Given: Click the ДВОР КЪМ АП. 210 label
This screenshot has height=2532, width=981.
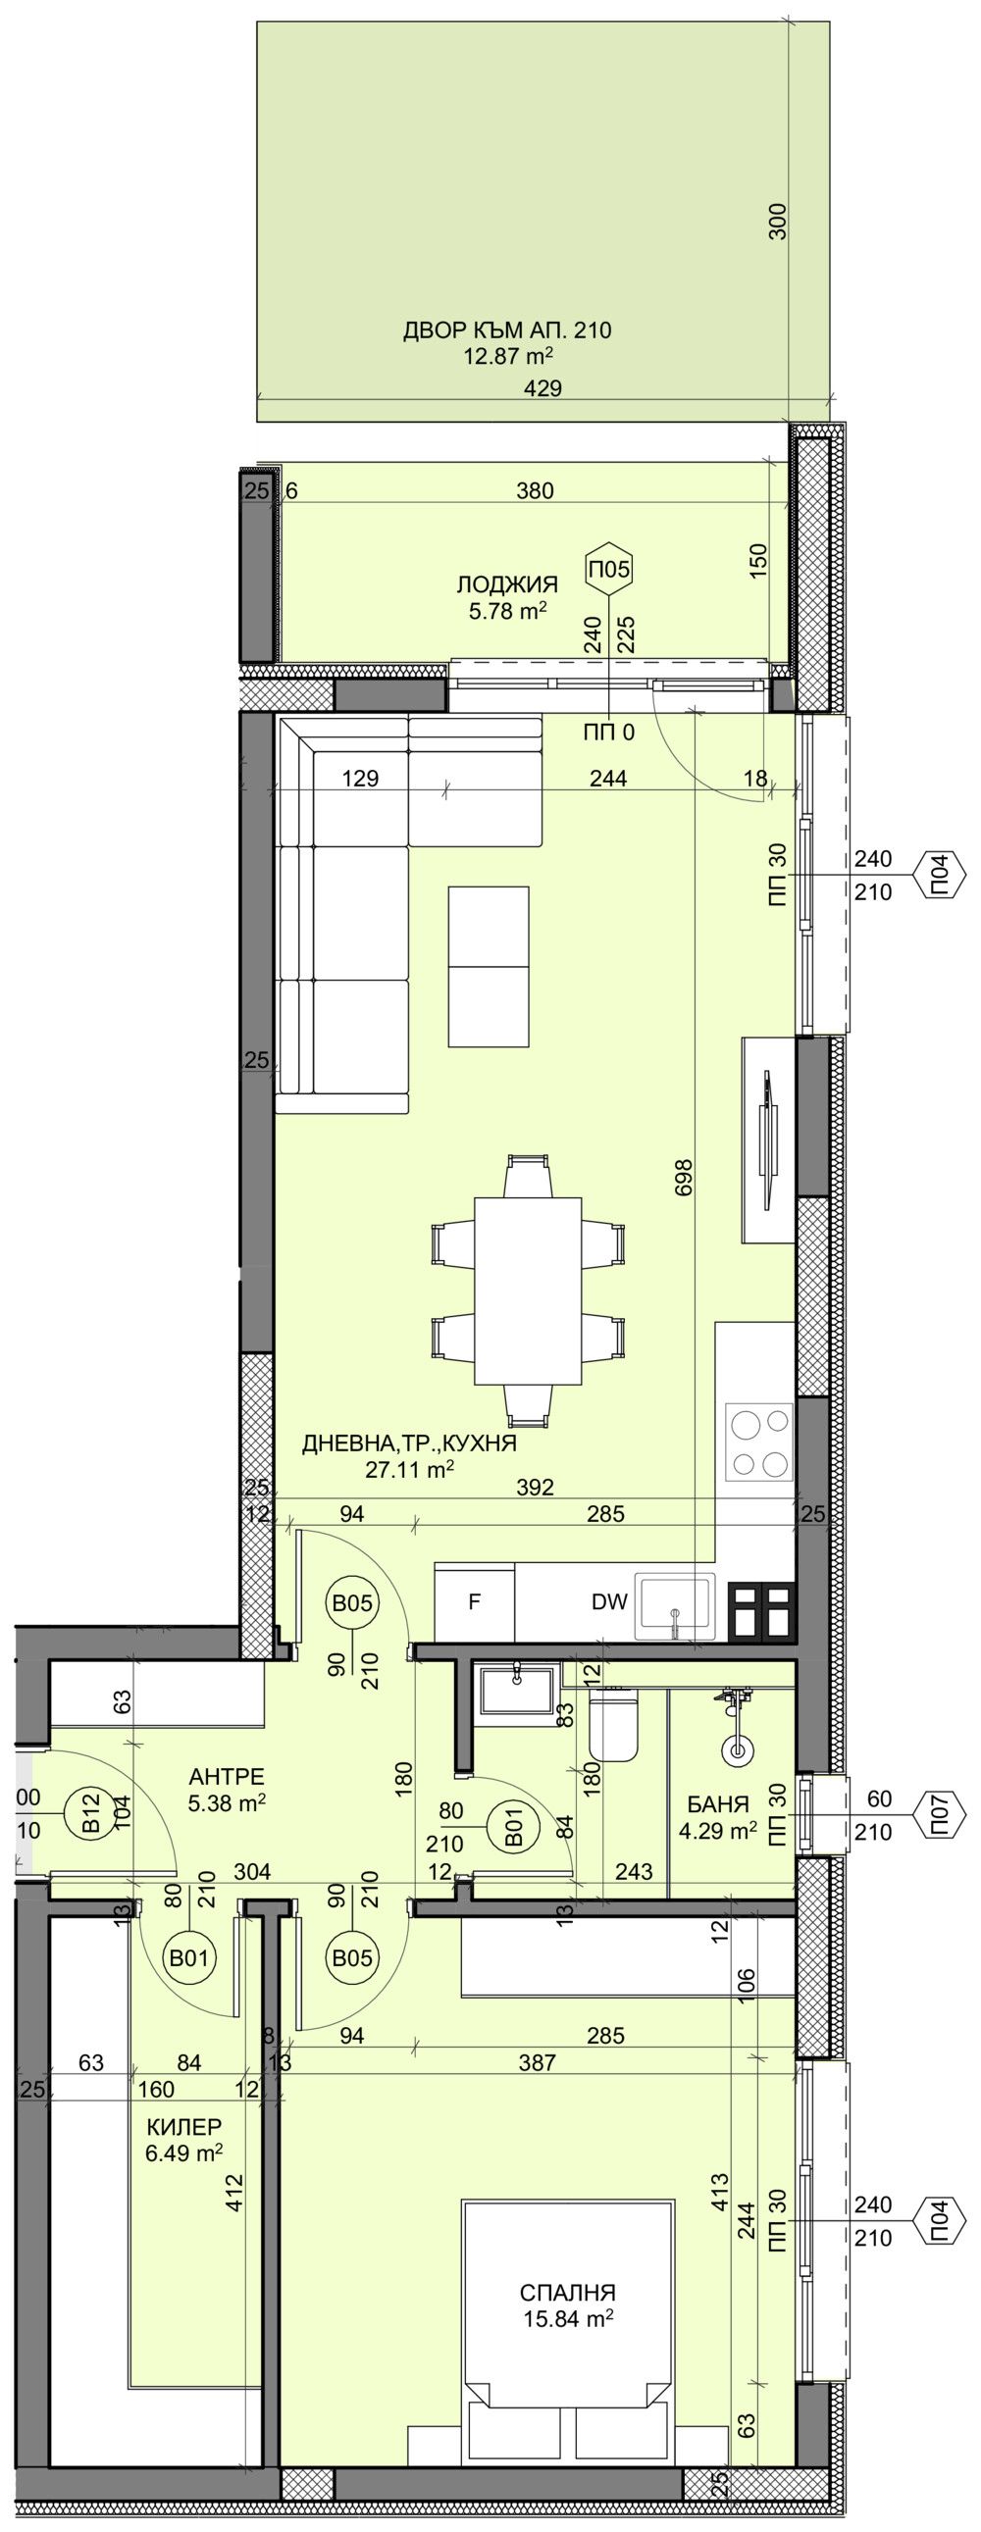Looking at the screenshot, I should pos(506,330).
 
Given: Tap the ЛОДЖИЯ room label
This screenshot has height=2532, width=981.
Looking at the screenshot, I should pos(507,585).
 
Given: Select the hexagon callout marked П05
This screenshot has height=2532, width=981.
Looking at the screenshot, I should pos(609,568).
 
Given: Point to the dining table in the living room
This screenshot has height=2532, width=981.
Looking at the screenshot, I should pos(528,1290).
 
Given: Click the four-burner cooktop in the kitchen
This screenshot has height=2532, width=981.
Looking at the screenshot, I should pos(758,1442).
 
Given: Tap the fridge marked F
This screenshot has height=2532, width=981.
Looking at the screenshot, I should pos(474,1602).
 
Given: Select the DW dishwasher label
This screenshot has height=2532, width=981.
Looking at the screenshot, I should pos(609,1602).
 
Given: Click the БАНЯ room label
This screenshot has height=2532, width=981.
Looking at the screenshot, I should pos(717,1803).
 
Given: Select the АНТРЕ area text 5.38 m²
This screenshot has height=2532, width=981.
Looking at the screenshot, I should pos(227,1803).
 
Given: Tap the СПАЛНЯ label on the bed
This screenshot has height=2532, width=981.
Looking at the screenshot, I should pos(568,2292).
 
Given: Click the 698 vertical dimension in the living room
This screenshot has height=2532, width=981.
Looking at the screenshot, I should pos(685,1178).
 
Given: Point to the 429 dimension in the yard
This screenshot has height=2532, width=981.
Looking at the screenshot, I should pos(542,388).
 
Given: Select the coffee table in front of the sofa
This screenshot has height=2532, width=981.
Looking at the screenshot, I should pos(488,966).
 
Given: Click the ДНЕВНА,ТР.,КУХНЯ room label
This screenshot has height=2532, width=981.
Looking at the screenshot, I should pos(409,1443).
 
